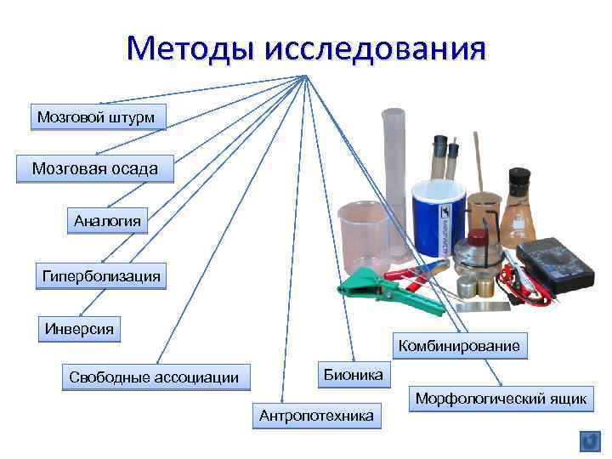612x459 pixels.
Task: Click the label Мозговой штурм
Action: [x=97, y=117]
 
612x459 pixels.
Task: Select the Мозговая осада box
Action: [x=94, y=169]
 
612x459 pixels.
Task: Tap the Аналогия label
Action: [x=107, y=222]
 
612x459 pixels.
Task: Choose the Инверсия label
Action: [x=79, y=329]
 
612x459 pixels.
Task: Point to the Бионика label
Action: [x=353, y=374]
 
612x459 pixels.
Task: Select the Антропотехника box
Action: [x=316, y=416]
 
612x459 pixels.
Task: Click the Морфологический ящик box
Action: [x=501, y=399]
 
